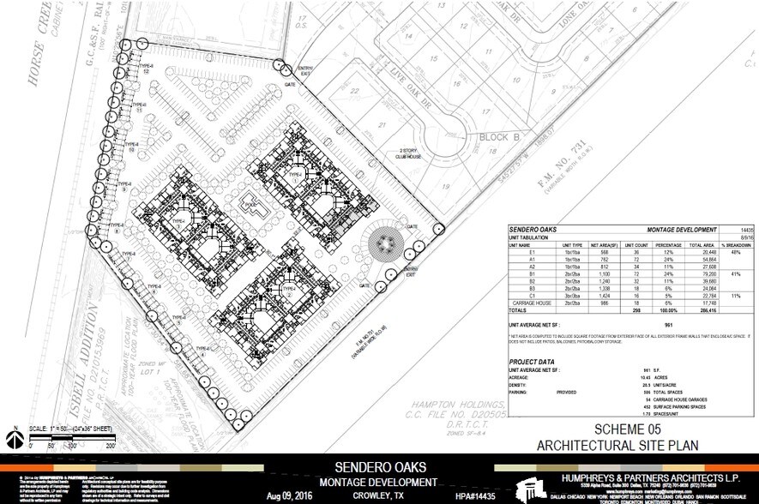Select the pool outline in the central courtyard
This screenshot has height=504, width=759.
tap(255, 206)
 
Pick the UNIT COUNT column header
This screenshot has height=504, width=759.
tap(635, 244)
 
